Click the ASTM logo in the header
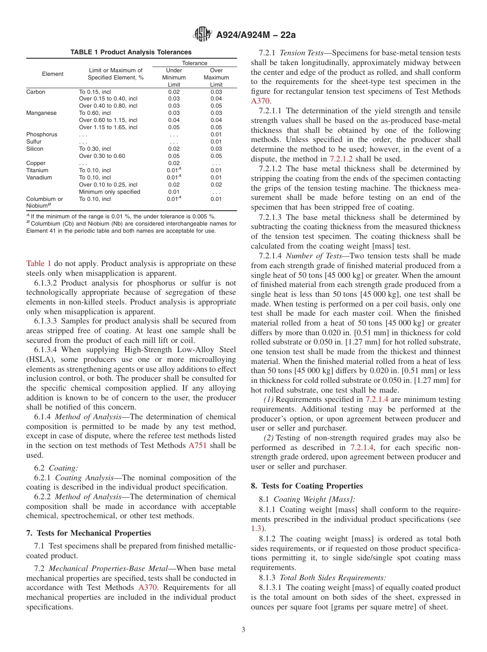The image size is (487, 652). pyautogui.click(x=202, y=34)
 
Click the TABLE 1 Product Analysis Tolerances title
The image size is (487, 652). pyautogui.click(x=131, y=52)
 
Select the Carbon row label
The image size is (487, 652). pyautogui.click(x=36, y=92)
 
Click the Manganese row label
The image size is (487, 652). pyautogui.click(x=42, y=113)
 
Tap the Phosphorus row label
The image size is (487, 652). pyautogui.click(x=42, y=134)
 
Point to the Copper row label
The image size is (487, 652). pyautogui.click(x=36, y=163)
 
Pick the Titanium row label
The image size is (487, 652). pyautogui.click(x=37, y=170)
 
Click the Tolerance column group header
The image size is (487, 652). pyautogui.click(x=195, y=63)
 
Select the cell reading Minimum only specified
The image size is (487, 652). pyautogui.click(x=109, y=192)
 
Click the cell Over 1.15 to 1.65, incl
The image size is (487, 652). pyautogui.click(x=108, y=127)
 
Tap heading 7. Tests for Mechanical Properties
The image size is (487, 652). pyautogui.click(x=89, y=533)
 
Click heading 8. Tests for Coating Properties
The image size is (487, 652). pyautogui.click(x=307, y=486)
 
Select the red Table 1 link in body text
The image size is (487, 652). pyautogui.click(x=38, y=263)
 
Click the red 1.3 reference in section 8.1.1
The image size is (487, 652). pyautogui.click(x=256, y=528)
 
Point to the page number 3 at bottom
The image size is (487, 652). pyautogui.click(x=243, y=630)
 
